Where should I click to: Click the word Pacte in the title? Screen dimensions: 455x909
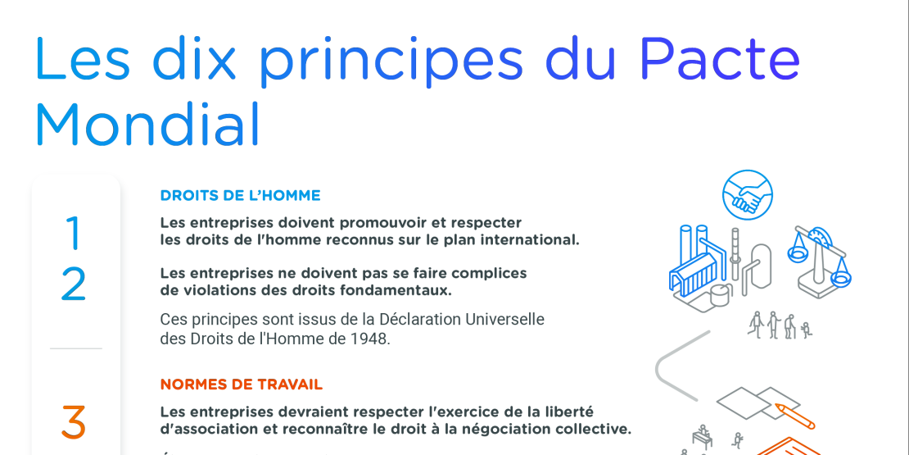click(719, 59)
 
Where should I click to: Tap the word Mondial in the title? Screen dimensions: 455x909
click(147, 125)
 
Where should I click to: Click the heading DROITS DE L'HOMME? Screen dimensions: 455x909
click(240, 196)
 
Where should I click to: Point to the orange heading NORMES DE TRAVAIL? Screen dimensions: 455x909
click(241, 384)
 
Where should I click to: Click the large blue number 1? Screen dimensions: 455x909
click(74, 233)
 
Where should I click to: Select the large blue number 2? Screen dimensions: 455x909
click(74, 284)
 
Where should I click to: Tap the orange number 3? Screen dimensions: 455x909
click(74, 422)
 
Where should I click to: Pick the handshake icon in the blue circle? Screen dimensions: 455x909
click(747, 195)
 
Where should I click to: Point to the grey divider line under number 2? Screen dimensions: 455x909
click(75, 348)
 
